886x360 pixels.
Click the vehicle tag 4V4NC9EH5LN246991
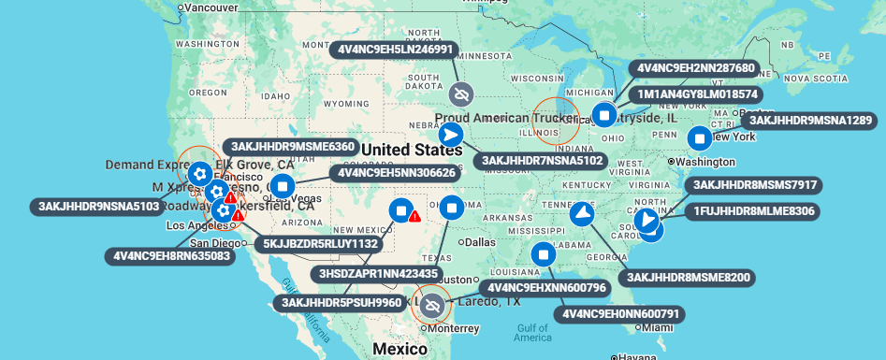pos(394,50)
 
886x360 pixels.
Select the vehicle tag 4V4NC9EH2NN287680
pos(696,68)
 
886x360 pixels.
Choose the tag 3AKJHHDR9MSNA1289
pos(810,120)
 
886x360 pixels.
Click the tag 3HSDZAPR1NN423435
pos(378,274)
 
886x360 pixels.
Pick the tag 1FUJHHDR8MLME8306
pos(754,211)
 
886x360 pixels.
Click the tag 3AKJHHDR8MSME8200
pos(690,277)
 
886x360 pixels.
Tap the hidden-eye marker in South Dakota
pos(460,94)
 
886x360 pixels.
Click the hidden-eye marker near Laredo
pos(431,305)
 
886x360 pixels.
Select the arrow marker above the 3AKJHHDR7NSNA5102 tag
pos(451,134)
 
